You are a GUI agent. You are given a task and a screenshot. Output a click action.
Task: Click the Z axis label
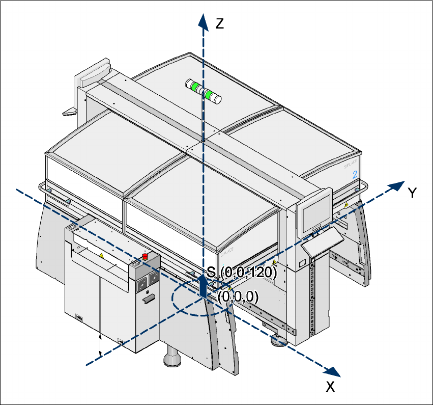click(x=220, y=23)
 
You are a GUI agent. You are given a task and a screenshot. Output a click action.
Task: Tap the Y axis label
click(x=413, y=192)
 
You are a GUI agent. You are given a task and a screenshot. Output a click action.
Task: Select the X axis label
click(x=330, y=387)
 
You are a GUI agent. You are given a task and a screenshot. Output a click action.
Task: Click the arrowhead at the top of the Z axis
click(x=203, y=20)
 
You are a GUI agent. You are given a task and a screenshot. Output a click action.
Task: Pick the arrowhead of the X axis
click(x=333, y=372)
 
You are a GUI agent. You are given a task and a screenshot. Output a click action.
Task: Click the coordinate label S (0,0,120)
click(x=242, y=272)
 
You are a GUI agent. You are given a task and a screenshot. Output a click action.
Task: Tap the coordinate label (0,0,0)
click(x=238, y=296)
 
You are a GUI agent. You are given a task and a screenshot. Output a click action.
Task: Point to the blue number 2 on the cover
click(x=354, y=174)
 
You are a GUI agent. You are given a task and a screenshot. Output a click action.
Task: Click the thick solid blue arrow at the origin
click(x=204, y=287)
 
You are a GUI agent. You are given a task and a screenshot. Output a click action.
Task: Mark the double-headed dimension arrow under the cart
click(x=100, y=345)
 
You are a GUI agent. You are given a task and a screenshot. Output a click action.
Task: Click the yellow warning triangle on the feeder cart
click(x=101, y=256)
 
